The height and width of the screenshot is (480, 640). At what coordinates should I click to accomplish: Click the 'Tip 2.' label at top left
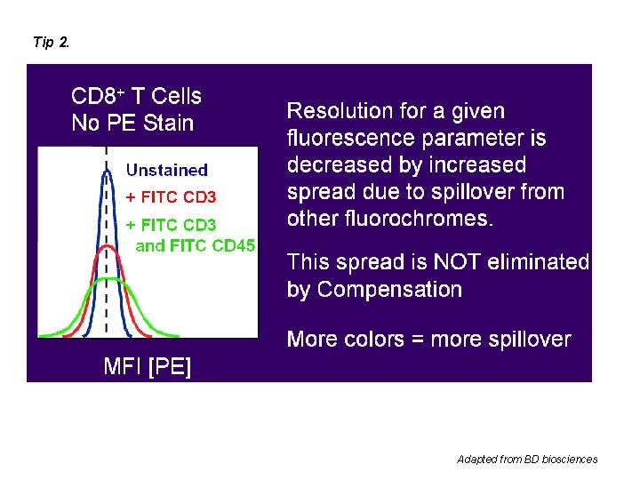[x=51, y=42]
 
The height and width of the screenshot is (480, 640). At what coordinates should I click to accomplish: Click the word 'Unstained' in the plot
[x=167, y=170]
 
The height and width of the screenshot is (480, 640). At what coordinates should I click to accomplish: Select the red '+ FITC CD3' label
[x=171, y=196]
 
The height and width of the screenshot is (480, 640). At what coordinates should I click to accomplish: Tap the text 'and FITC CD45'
[x=195, y=246]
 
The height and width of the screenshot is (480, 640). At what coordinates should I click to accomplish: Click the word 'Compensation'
[x=389, y=289]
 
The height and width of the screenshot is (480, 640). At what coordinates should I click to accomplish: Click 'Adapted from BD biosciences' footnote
[x=527, y=460]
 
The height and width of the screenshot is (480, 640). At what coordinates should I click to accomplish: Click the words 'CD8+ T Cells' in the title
[x=136, y=96]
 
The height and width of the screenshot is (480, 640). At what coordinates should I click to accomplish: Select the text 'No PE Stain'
[x=132, y=123]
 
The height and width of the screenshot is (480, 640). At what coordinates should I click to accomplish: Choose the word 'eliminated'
[x=545, y=261]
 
